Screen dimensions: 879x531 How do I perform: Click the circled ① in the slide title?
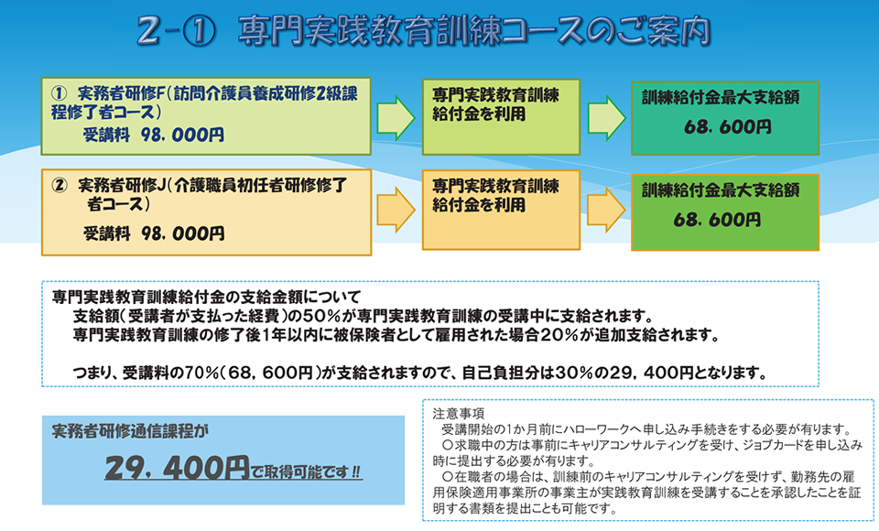(x=199, y=32)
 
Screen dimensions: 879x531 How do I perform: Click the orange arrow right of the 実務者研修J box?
(x=396, y=210)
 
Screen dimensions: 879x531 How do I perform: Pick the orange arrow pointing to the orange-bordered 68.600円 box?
(x=606, y=210)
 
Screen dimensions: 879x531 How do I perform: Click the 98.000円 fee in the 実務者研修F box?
(x=183, y=135)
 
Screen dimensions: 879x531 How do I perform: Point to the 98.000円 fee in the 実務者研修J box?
(x=183, y=233)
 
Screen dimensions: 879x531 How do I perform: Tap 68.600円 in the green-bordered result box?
(x=728, y=127)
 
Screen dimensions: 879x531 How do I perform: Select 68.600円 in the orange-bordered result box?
(x=717, y=220)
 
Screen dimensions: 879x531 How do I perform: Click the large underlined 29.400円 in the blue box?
(x=177, y=468)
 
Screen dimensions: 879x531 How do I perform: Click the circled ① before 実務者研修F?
(x=60, y=93)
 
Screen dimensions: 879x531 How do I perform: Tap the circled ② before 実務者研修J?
(x=60, y=185)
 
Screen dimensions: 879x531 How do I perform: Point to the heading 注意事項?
(x=458, y=415)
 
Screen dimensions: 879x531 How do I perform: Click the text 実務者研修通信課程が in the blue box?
(x=130, y=431)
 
